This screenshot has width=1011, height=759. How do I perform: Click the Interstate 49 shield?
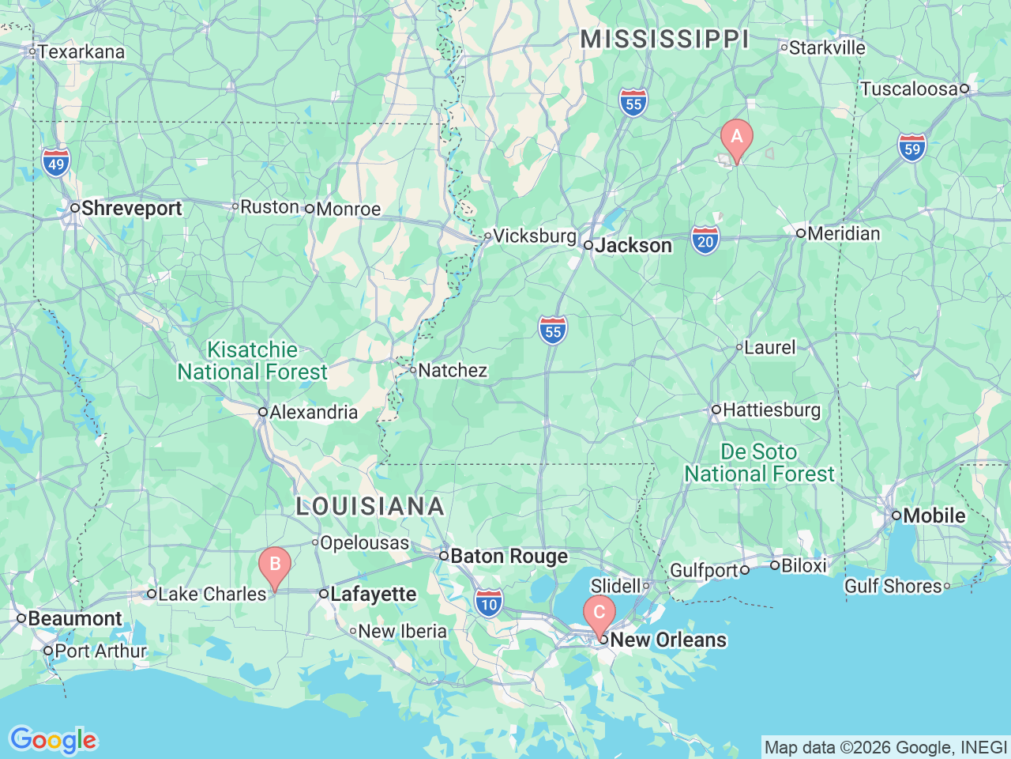coord(56,162)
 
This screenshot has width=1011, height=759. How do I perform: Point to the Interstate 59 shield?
coord(912,147)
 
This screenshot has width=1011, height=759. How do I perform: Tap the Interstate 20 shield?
coord(705,240)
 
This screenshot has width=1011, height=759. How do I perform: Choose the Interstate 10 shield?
coord(489,602)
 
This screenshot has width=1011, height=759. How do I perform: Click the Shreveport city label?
coord(131,209)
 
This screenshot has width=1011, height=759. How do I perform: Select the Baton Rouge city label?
coord(508,557)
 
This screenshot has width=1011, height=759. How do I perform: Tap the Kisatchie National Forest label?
coord(252,361)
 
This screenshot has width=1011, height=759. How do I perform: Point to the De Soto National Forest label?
coord(759,463)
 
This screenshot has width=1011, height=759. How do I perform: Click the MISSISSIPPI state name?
coord(664,40)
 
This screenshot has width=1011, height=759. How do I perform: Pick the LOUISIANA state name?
coord(370,507)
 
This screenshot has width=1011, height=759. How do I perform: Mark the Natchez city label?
coord(452,370)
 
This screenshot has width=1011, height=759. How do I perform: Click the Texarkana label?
coord(81,52)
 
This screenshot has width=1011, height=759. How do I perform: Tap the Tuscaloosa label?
coord(908,89)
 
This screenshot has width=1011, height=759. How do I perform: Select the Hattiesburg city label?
coord(771,410)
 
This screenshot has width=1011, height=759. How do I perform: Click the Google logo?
coord(53,740)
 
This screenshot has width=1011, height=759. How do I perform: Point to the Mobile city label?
coord(934,515)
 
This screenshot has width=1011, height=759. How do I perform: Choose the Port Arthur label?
coord(100,651)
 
